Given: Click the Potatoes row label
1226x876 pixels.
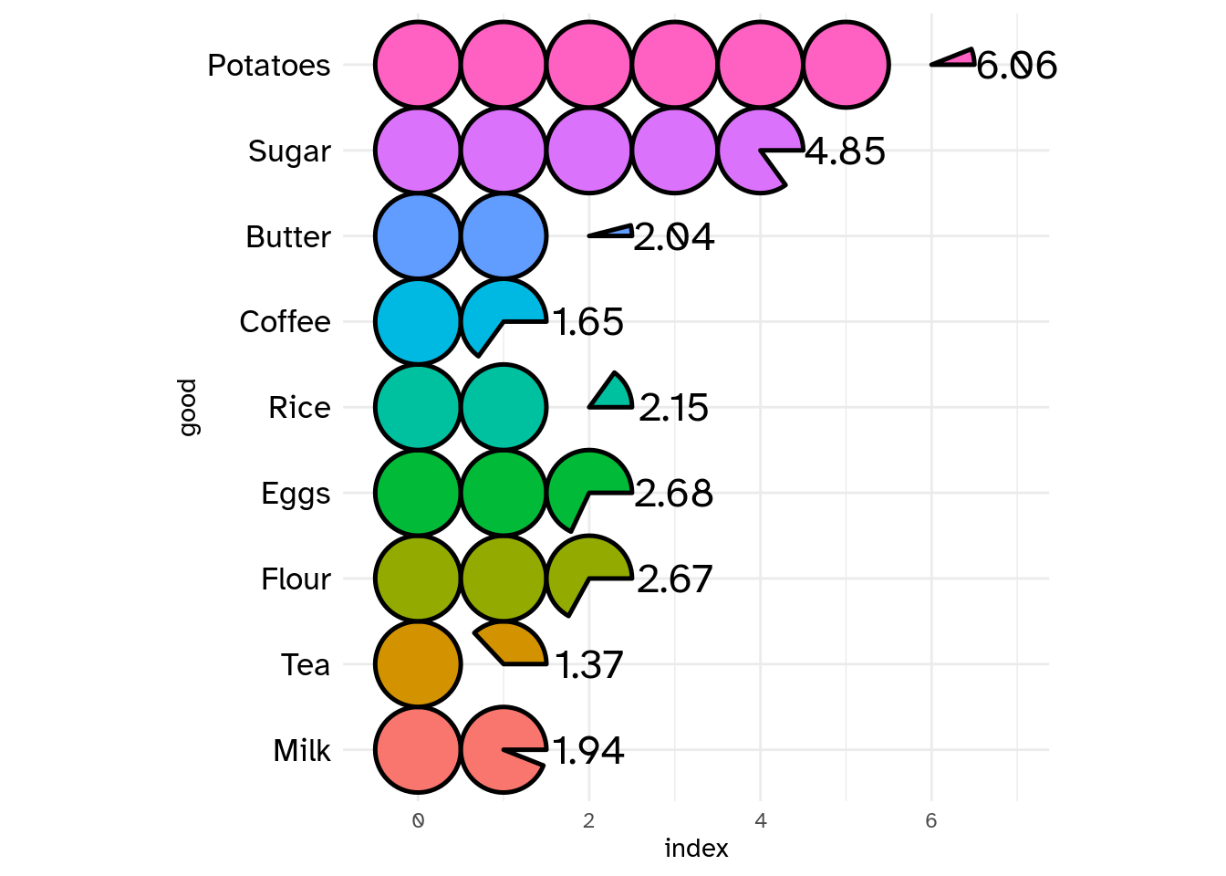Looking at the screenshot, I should [x=268, y=66].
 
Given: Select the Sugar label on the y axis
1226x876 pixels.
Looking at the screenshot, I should [x=289, y=151].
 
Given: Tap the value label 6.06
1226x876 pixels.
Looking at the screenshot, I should [x=1016, y=66].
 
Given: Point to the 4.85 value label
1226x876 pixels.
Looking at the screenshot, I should [x=846, y=151].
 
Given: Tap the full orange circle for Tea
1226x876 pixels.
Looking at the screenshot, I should [x=418, y=664].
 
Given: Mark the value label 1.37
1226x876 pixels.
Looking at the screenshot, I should [x=589, y=665].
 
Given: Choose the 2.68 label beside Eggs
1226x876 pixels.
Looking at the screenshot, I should [x=673, y=494].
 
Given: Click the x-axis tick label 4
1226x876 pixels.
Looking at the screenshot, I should [x=761, y=820].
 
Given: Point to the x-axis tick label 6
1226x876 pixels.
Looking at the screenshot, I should [x=931, y=820].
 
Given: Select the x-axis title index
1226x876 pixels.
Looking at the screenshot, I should [x=696, y=849].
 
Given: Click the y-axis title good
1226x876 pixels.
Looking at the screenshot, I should [x=187, y=407].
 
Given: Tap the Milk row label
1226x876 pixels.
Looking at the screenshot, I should [x=302, y=751].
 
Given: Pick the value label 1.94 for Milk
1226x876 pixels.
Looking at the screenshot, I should [x=588, y=751].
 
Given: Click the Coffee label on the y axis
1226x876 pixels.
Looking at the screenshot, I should [x=285, y=322].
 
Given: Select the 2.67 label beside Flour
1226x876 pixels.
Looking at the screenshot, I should [x=674, y=579].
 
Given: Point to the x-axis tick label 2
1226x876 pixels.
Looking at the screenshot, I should [x=589, y=820].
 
